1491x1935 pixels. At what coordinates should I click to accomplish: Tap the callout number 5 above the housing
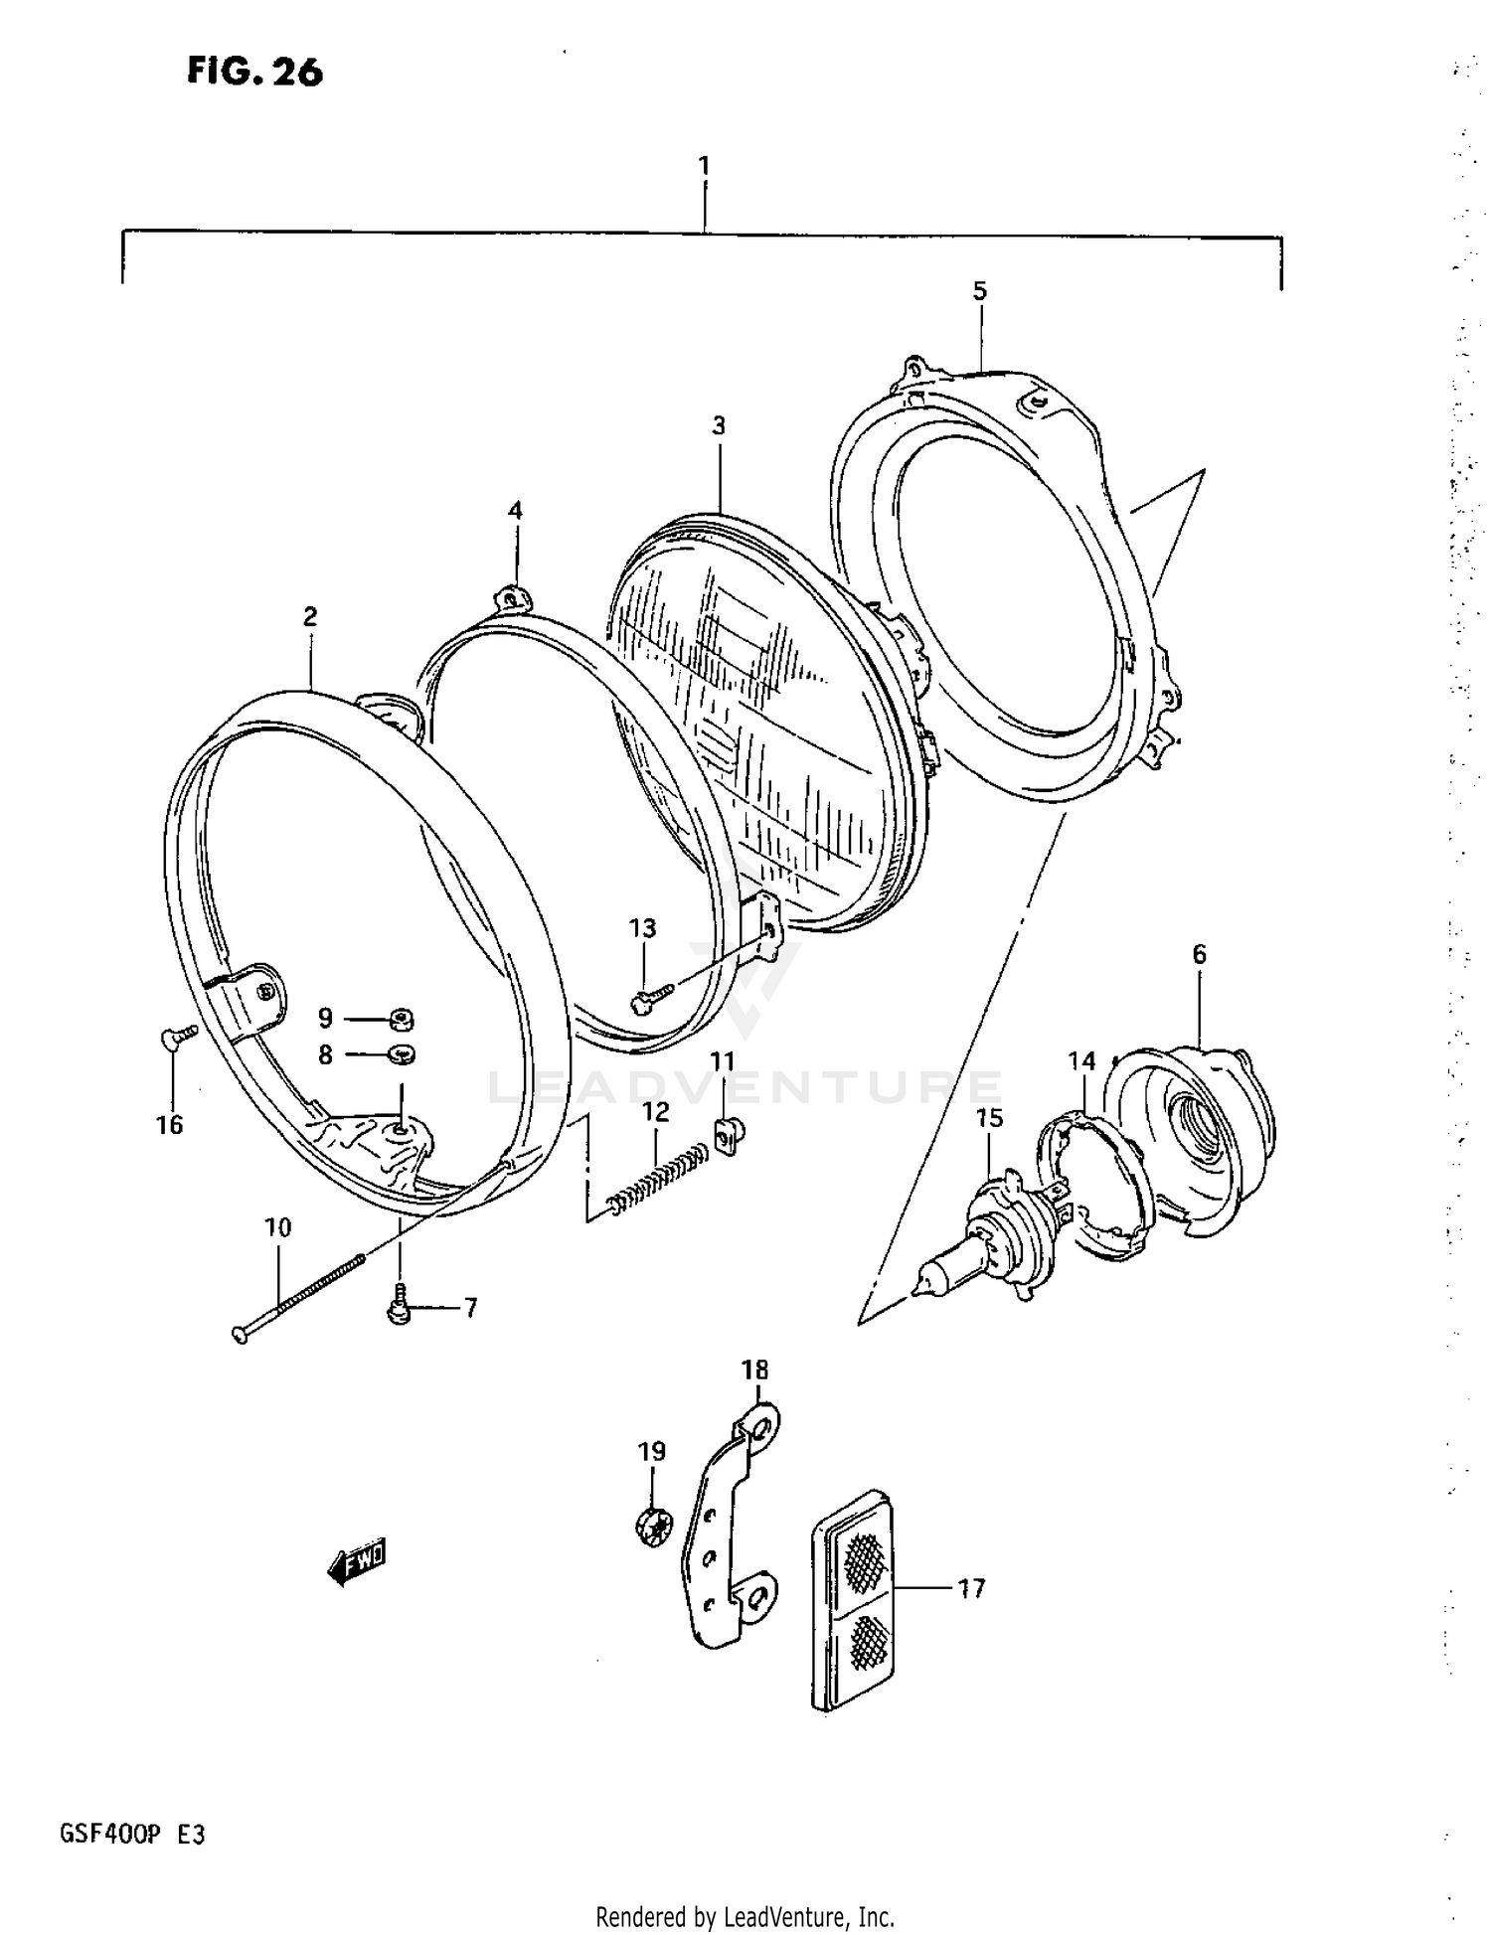pyautogui.click(x=979, y=291)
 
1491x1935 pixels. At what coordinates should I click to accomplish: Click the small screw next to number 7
pyautogui.click(x=399, y=1306)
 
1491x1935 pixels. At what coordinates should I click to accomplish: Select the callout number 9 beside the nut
pyautogui.click(x=325, y=1018)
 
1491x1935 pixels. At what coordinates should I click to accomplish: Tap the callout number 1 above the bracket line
pyautogui.click(x=704, y=166)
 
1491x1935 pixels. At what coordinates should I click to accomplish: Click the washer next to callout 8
pyautogui.click(x=400, y=1053)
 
